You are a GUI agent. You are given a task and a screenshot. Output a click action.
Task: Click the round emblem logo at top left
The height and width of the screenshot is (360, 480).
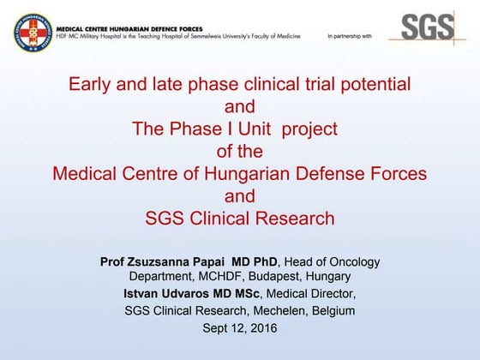[32, 32]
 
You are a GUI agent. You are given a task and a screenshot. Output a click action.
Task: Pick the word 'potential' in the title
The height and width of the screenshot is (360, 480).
[376, 85]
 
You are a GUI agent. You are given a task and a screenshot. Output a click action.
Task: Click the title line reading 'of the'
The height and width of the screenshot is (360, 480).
[239, 152]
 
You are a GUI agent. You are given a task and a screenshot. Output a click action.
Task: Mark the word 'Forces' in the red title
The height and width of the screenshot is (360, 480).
[398, 174]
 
